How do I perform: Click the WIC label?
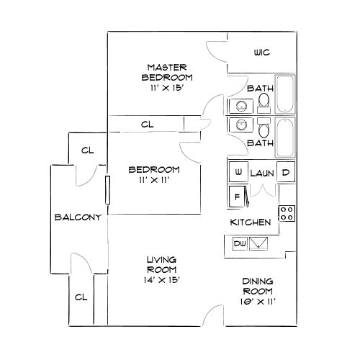261,53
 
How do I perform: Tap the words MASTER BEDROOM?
167,72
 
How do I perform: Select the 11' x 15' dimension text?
167,87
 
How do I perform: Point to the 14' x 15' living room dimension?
162,279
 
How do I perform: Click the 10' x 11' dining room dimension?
258,302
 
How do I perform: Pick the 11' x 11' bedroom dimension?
153,180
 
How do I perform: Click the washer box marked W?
238,174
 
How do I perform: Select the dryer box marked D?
286,174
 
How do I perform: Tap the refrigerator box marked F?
236,194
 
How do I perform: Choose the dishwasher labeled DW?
240,245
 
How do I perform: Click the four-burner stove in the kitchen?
287,213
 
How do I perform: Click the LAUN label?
261,174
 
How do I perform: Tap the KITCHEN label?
250,222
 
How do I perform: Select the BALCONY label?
76,216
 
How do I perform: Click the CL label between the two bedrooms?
147,125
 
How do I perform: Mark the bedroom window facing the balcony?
107,190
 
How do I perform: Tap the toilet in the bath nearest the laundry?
264,130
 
